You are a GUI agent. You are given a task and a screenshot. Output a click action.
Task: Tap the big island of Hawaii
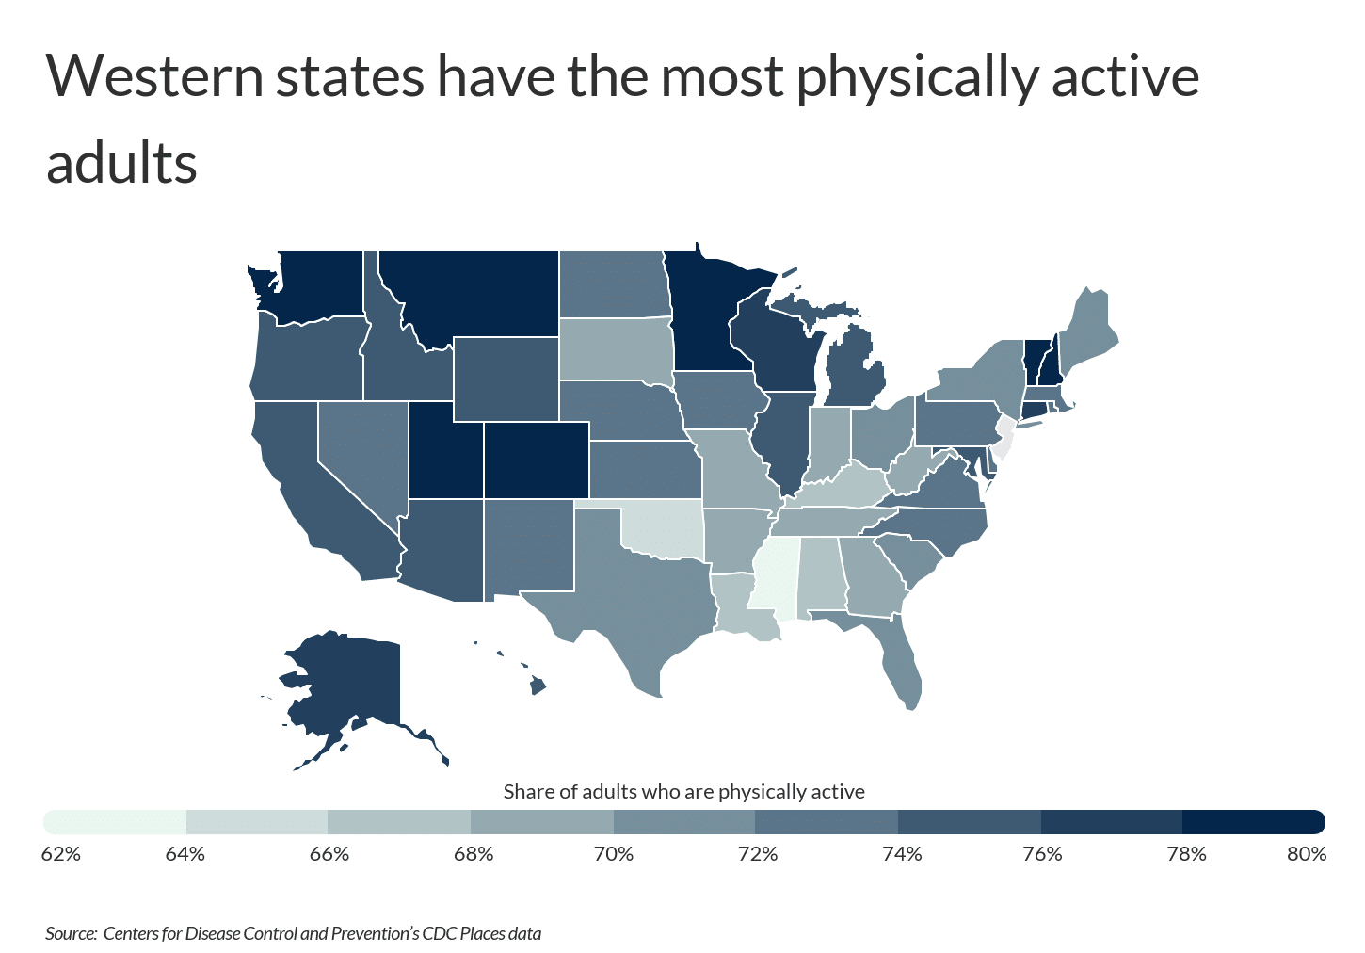[538, 686]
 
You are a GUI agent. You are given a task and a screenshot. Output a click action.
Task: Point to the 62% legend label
[62, 854]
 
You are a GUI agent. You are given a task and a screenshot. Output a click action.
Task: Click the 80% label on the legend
[1306, 854]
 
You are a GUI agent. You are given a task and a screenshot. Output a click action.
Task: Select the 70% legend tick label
[614, 854]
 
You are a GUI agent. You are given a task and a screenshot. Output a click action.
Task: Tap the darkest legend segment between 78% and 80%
[1253, 822]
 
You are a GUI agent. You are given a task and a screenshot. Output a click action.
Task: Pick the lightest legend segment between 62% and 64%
[116, 822]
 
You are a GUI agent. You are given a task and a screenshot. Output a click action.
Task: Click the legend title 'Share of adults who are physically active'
[683, 792]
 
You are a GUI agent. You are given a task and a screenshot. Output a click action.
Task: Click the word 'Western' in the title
[155, 76]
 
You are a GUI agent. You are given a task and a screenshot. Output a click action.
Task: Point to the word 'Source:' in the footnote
[71, 934]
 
